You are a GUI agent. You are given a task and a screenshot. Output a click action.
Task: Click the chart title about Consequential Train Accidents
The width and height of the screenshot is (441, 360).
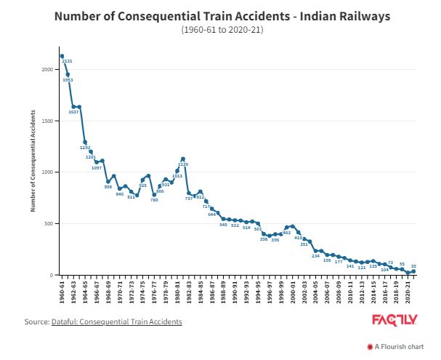coord(222,16)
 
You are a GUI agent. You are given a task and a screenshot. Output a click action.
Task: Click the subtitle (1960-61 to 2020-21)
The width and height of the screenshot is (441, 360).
coord(222,30)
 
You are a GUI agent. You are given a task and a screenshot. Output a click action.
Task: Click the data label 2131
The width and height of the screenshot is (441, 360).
coord(68,61)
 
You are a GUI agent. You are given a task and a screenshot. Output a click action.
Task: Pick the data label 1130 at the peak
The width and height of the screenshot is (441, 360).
coord(183,164)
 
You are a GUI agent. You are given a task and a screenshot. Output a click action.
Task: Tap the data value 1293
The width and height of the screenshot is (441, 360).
coord(84,148)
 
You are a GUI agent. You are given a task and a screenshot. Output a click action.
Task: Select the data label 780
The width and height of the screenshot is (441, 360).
coord(154,200)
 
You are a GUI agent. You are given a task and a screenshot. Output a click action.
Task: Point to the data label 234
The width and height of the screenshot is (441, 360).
coord(315,256)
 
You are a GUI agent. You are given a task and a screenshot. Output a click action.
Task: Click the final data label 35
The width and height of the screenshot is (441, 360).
coord(413,266)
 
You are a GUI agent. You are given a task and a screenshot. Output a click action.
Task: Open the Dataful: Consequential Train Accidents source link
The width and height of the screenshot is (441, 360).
coord(116,321)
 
